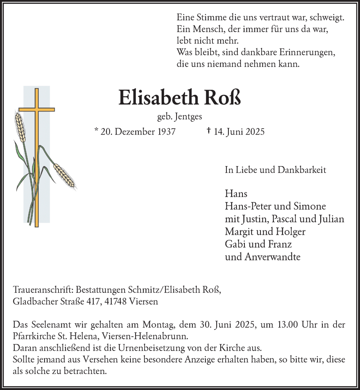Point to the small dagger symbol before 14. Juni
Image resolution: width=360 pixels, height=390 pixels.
[x=209, y=131]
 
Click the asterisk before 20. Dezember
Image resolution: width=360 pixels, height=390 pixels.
[x=96, y=131]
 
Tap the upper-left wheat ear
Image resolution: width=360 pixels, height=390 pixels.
[x=20, y=127]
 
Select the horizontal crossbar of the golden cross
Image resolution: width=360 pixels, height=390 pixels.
[x=37, y=110]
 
